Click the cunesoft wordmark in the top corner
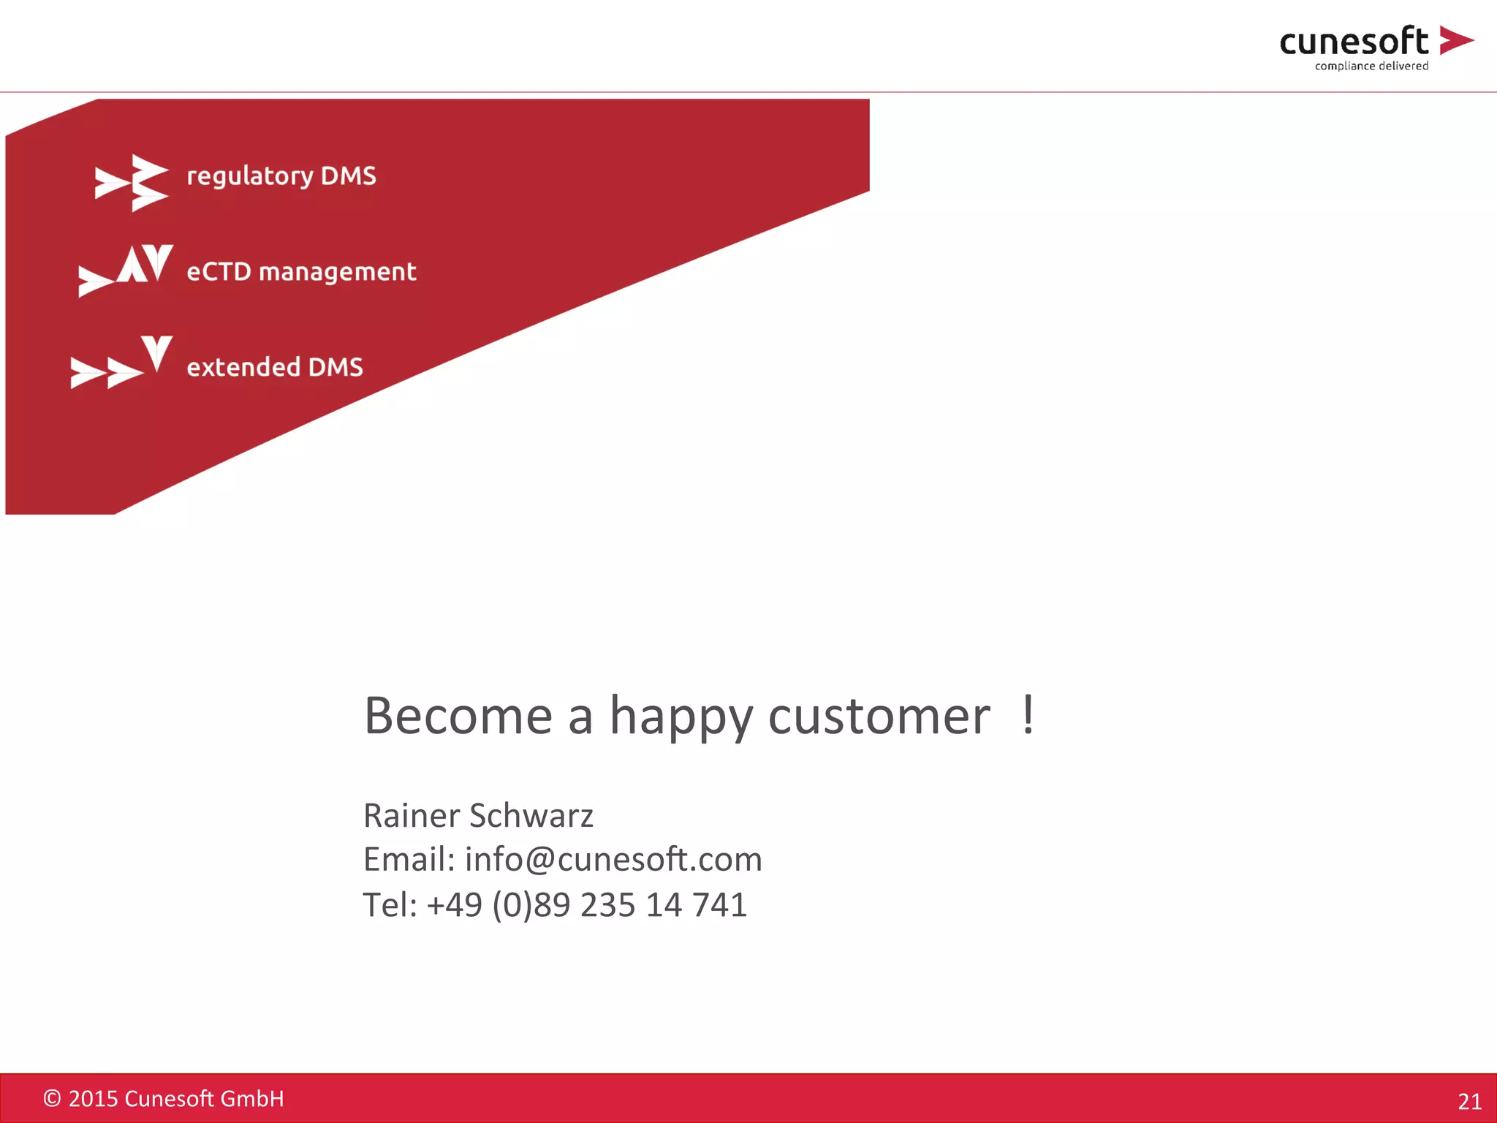1353,42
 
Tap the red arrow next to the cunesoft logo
1455,40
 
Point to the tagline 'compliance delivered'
1371,66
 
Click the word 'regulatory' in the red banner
250,176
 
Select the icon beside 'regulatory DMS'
132,183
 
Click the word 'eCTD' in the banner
219,272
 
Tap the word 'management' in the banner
337,273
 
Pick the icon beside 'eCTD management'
126,271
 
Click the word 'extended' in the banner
243,367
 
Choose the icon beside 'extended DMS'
121,363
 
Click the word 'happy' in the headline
681,717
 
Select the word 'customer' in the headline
879,716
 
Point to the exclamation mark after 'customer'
1028,714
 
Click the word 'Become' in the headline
458,716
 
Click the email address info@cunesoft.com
613,859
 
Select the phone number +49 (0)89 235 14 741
587,905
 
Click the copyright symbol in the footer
52,1098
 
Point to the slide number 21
1469,1101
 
